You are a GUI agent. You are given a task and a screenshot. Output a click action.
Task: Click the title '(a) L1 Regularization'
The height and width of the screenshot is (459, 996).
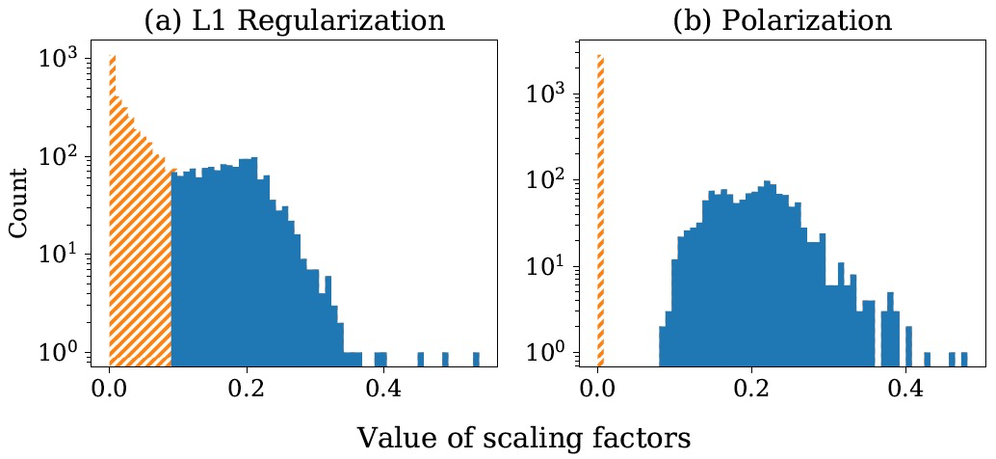[x=295, y=20]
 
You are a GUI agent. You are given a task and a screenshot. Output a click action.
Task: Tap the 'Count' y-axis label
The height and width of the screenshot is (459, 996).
[x=18, y=204]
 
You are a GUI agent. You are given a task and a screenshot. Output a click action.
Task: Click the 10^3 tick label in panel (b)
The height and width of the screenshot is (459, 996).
[x=548, y=94]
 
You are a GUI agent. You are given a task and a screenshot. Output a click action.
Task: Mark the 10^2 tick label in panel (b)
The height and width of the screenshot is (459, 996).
[x=548, y=180]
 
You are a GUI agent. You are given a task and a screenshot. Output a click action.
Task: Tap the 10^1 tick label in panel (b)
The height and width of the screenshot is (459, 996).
[x=548, y=267]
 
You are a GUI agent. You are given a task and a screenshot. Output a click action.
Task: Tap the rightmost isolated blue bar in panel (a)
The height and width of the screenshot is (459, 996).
[x=477, y=359]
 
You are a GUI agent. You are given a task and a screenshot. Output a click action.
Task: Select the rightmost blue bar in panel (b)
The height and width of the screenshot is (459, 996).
[x=963, y=359]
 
